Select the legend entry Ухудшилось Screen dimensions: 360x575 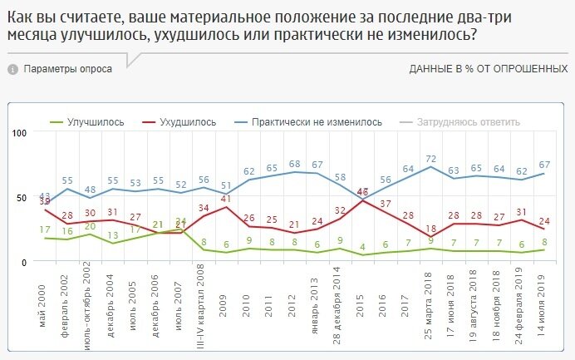click(187, 121)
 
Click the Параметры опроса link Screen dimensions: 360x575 click(67, 69)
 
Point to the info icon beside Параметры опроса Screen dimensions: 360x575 click(12, 69)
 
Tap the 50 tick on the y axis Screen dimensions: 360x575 click(23, 198)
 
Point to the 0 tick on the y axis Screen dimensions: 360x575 click(26, 262)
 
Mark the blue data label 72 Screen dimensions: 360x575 click(430, 158)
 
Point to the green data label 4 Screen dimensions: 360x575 click(362, 246)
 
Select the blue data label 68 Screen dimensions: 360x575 click(294, 163)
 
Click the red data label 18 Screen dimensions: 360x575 click(430, 229)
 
